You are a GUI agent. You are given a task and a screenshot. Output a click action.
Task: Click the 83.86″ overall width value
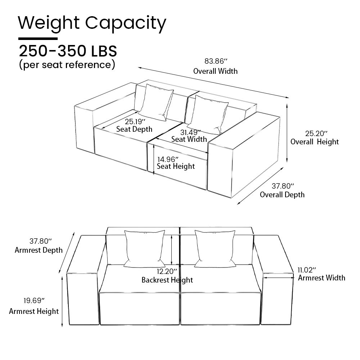pos(216,61)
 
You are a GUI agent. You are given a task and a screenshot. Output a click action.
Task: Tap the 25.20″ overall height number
pos(316,134)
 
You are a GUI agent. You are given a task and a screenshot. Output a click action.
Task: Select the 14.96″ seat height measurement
pos(168,159)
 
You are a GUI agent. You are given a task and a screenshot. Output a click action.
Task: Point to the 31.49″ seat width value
pos(190,132)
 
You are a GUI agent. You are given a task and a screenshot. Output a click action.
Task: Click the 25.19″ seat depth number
pos(135,121)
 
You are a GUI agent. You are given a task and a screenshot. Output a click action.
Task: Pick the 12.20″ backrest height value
pos(167,271)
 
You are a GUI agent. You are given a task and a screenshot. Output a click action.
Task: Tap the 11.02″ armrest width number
pos(307,270)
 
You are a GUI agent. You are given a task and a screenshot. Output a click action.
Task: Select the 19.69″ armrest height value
pos(34,300)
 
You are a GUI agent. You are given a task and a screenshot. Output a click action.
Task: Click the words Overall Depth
pos(282,195)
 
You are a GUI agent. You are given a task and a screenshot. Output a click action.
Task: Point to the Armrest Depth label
pos(39,250)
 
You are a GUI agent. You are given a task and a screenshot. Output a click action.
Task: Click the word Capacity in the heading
pos(126,24)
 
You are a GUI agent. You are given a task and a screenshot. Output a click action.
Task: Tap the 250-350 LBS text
pos(68,51)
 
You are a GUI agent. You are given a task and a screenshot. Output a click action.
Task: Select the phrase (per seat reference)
pos(67,64)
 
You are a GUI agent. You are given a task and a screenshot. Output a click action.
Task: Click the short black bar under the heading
pos(38,39)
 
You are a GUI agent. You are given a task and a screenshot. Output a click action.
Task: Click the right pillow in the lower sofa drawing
pos(215,249)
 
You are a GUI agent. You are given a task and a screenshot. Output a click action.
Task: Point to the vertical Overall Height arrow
pos(287,133)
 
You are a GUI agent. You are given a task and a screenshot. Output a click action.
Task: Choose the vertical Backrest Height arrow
pos(171,250)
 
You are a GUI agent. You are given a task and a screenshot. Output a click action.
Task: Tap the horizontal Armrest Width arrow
pos(279,278)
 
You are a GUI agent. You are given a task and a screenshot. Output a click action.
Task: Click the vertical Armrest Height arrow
pos(62,301)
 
